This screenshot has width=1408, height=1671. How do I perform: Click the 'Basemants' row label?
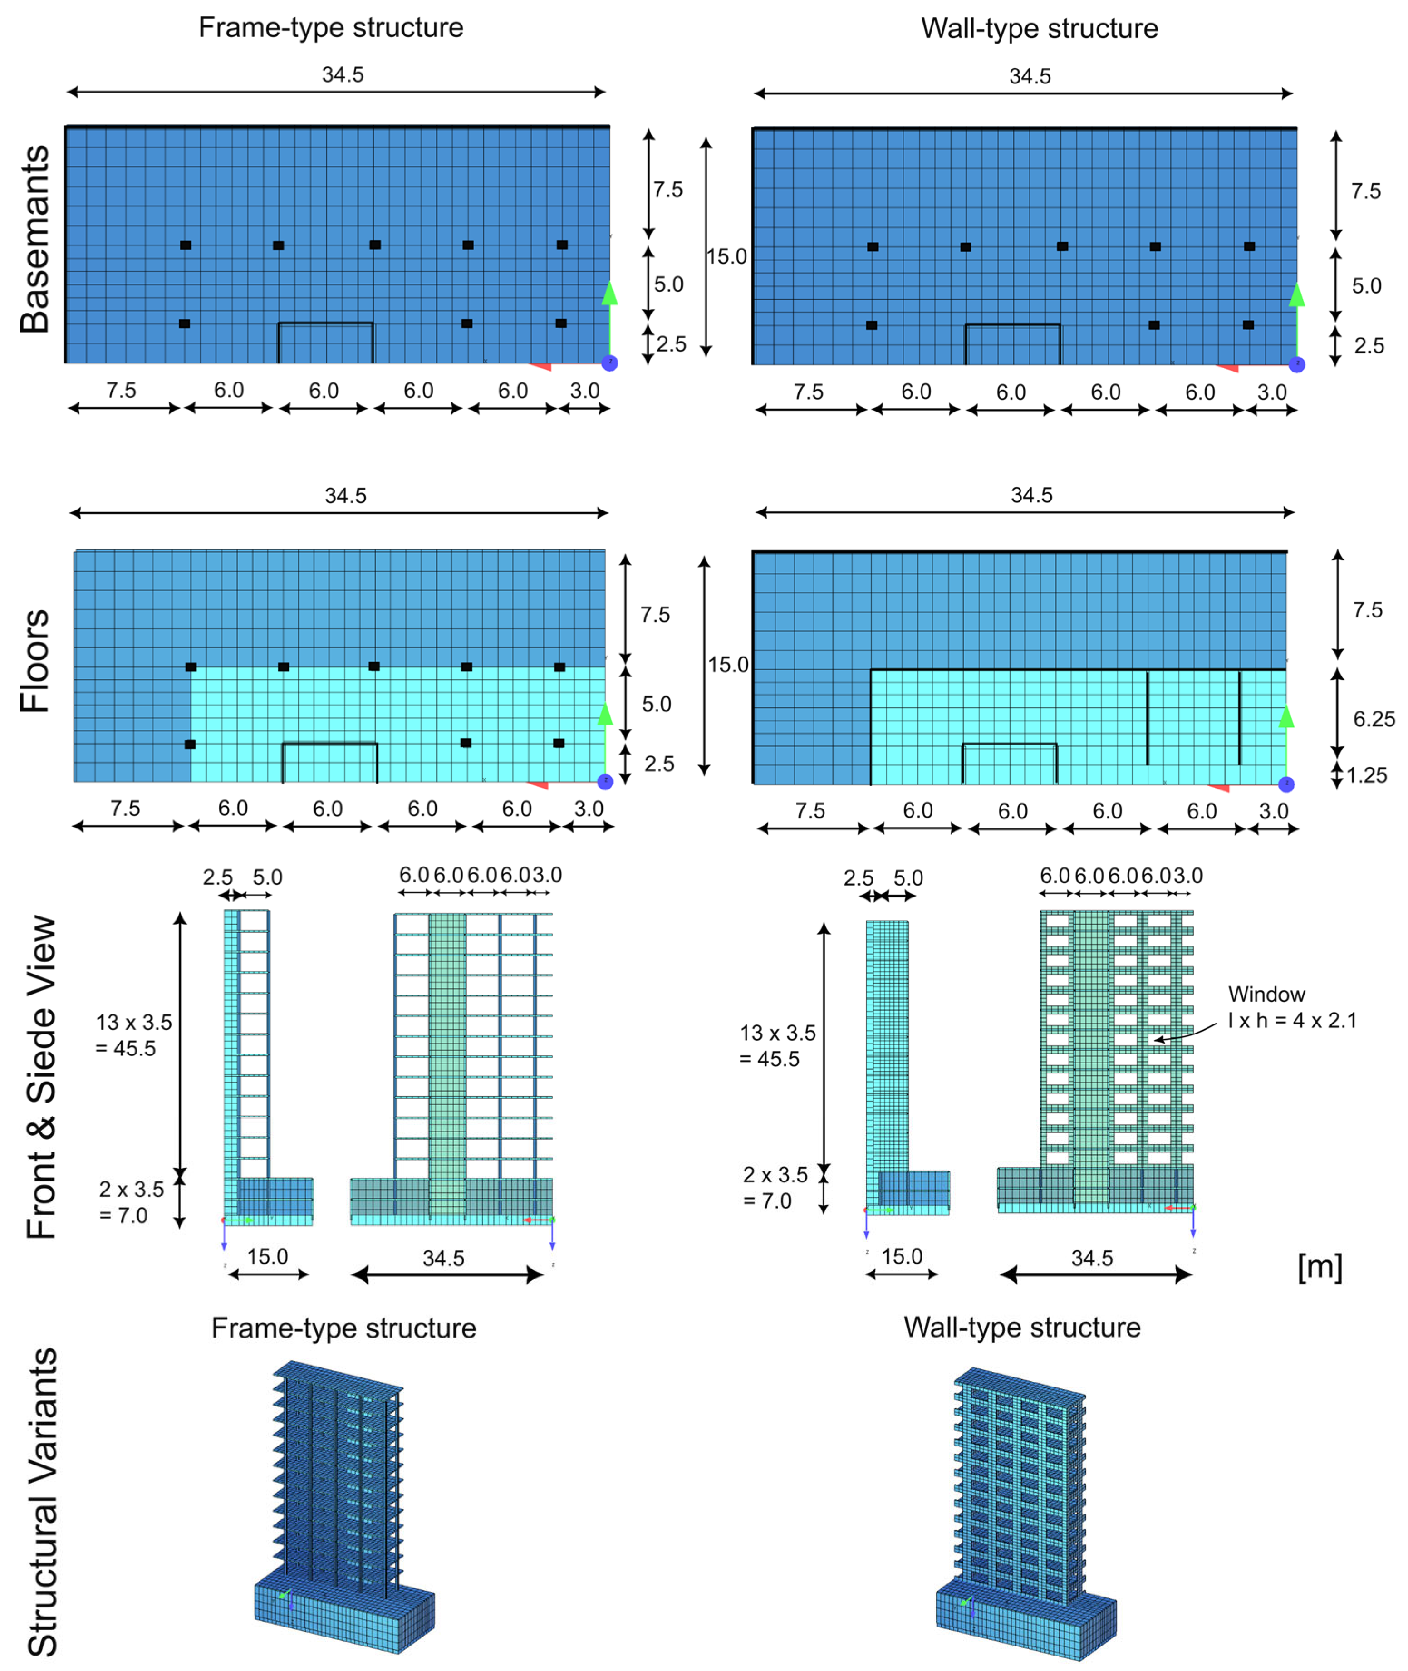tap(35, 240)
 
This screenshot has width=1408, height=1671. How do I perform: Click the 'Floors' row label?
tap(35, 661)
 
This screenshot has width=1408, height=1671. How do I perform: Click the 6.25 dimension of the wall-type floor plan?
tap(1374, 719)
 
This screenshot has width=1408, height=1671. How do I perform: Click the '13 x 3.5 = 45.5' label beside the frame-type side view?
tap(133, 1035)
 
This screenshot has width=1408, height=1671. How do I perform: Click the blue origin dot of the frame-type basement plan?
tap(610, 363)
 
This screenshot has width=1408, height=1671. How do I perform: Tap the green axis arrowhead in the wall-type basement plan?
tap(1296, 295)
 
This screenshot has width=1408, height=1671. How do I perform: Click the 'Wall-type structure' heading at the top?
tap(1039, 29)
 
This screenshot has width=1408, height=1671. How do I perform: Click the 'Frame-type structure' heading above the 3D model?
tap(343, 1328)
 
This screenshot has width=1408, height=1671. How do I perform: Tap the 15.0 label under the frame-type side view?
tap(267, 1257)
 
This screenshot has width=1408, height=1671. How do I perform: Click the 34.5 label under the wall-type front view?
tap(1091, 1259)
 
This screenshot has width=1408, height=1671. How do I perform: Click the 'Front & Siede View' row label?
tap(41, 1077)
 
